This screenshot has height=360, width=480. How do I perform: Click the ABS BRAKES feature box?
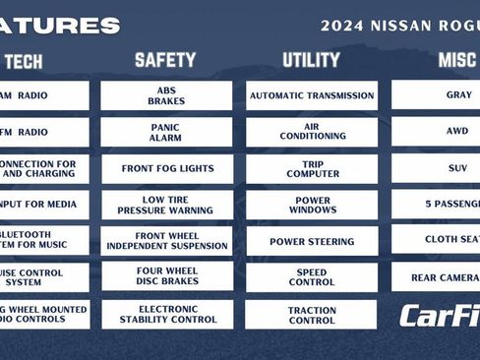click(166, 95)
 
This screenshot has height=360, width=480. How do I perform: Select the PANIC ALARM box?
click(166, 132)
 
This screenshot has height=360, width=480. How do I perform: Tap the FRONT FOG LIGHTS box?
click(166, 168)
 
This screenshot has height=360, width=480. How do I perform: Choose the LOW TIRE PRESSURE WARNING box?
click(166, 205)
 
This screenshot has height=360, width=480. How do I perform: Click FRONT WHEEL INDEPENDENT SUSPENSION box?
click(166, 241)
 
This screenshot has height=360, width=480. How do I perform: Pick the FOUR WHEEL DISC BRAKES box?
click(166, 277)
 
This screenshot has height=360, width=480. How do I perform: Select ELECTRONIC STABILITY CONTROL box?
click(166, 314)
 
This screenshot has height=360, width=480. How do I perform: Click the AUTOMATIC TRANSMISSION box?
click(311, 95)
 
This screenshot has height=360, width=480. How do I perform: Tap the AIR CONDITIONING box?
click(311, 132)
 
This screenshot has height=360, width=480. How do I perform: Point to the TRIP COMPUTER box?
click(311, 168)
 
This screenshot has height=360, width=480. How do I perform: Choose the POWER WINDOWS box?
click(311, 205)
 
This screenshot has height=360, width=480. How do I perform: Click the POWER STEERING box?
click(311, 241)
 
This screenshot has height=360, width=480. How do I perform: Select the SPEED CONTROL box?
click(311, 277)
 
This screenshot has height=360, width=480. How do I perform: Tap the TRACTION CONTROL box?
click(311, 314)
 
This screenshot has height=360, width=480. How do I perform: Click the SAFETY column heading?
click(165, 60)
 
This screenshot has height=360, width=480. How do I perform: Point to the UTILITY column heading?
click(311, 60)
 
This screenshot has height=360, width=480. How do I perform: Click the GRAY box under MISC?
click(437, 95)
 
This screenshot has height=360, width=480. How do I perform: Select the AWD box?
click(437, 131)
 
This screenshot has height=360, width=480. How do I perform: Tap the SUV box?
click(437, 168)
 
